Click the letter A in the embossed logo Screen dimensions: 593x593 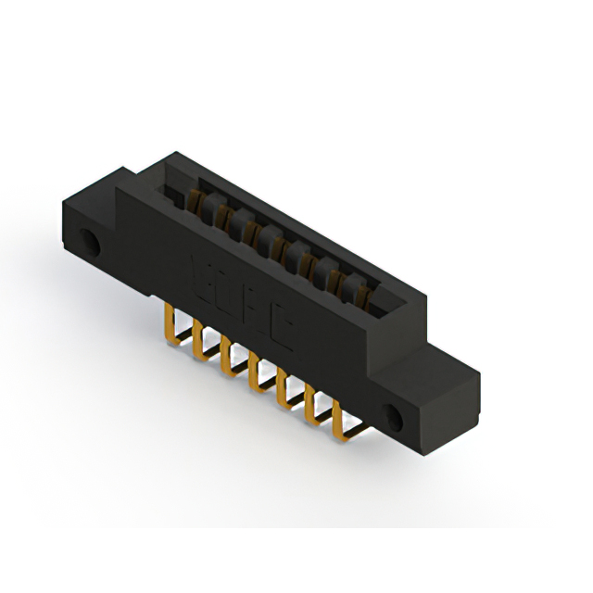tap(263, 311)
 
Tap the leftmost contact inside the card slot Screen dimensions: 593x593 tap(196, 199)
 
